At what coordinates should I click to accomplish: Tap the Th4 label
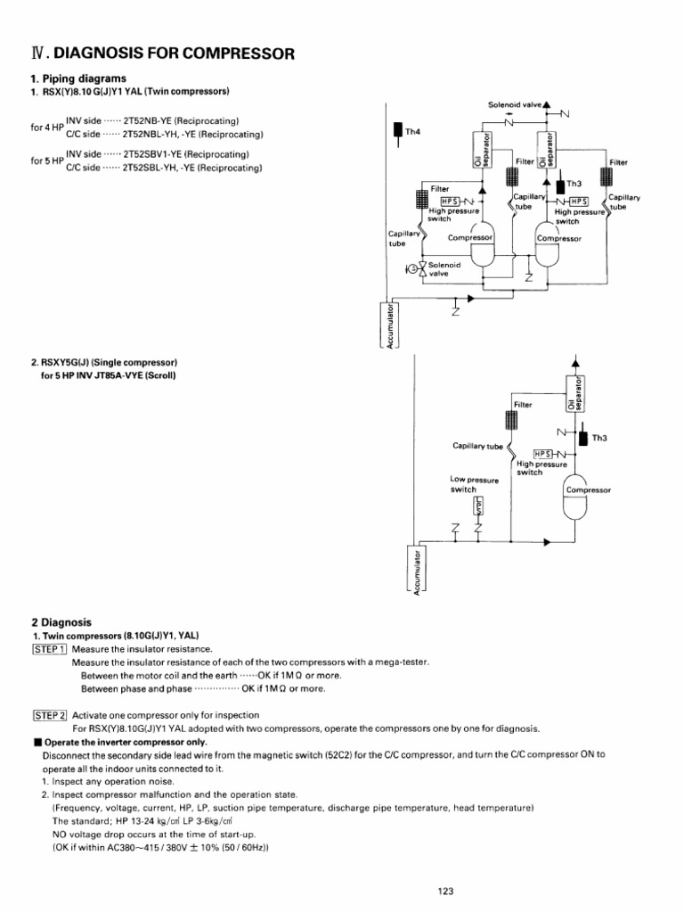(412, 132)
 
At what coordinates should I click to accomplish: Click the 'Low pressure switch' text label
(474, 484)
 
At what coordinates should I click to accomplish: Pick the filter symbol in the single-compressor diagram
(511, 419)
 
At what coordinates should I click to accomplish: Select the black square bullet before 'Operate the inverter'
(37, 742)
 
